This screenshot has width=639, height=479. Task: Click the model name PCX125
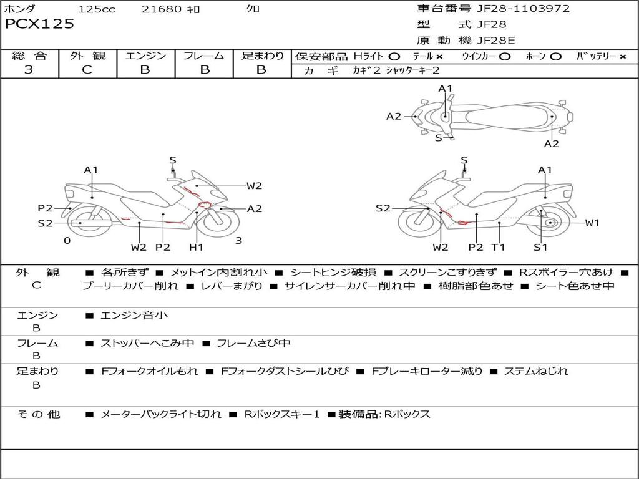pos(40,24)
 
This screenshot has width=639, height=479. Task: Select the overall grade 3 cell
pos(29,70)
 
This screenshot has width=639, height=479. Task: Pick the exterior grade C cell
pos(87,70)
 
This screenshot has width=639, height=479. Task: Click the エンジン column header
pos(145,56)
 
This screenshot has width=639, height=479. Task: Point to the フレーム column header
pos(204,56)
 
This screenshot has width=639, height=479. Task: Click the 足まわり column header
pos(263,56)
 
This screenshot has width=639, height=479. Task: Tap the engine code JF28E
pos(496,41)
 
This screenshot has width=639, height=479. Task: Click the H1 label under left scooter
pos(196,248)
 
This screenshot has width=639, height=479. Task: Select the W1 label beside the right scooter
pos(592,223)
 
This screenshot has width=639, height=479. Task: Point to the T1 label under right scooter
pos(498,248)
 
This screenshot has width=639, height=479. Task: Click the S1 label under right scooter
pos(540,248)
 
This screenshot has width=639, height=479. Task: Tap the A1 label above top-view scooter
pos(445,89)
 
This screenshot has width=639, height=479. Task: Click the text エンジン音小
pos(134,316)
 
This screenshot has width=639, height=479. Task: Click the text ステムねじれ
pos(536,371)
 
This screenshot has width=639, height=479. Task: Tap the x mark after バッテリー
pos(623,56)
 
